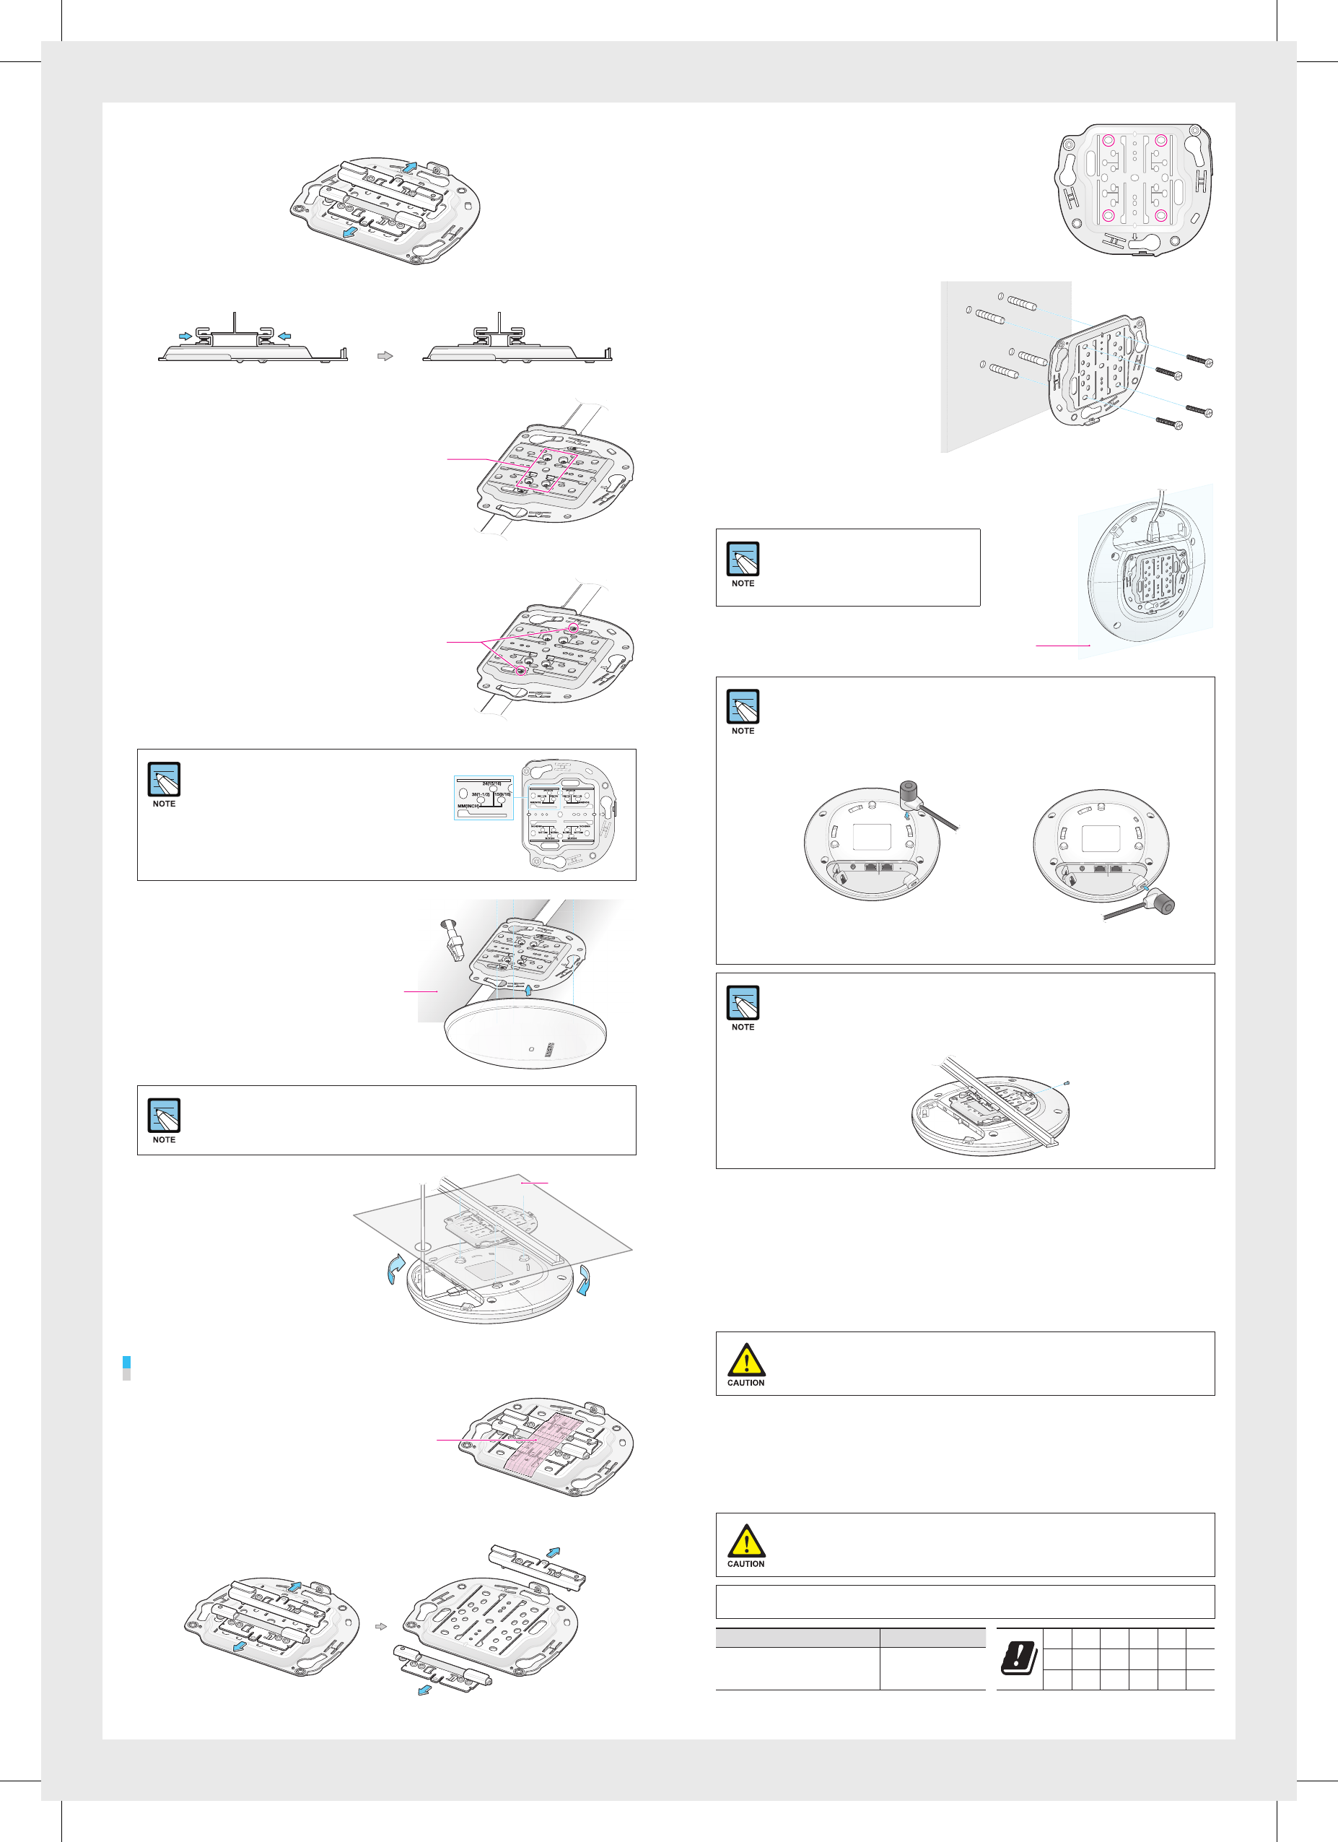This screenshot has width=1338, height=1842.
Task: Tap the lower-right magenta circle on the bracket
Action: click(x=1161, y=215)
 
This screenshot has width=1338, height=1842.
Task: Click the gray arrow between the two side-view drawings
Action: click(x=385, y=356)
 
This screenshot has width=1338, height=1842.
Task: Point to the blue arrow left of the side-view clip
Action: click(x=185, y=336)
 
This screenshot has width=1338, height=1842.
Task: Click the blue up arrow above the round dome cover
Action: click(x=528, y=989)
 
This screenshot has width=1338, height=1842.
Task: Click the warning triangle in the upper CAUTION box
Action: click(x=745, y=1360)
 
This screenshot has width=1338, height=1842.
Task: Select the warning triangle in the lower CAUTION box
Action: click(x=745, y=1541)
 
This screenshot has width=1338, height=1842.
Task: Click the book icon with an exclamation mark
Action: click(x=1019, y=1659)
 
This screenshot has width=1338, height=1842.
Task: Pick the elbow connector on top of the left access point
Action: click(x=910, y=795)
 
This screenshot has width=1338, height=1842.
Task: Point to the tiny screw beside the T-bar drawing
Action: click(x=1066, y=1082)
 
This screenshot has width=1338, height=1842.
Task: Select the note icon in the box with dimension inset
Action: click(x=164, y=779)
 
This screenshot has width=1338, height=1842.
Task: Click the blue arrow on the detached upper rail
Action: click(x=554, y=1551)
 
